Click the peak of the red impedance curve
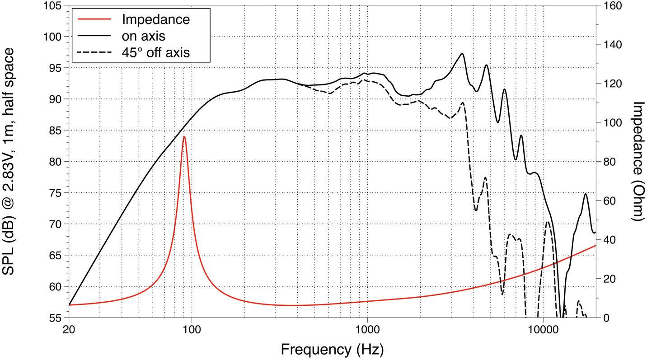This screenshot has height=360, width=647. pyautogui.click(x=184, y=137)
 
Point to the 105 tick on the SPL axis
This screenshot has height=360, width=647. pyautogui.click(x=53, y=6)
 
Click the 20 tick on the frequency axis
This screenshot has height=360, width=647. pyautogui.click(x=69, y=329)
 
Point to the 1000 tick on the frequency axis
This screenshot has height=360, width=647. pyautogui.click(x=367, y=329)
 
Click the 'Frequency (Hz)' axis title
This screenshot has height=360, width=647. pyautogui.click(x=332, y=349)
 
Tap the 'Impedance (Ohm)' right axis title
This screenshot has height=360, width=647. pyautogui.click(x=638, y=161)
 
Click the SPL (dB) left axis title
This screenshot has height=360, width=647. pyautogui.click(x=10, y=161)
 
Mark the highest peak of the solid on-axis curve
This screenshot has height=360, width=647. pyautogui.click(x=462, y=54)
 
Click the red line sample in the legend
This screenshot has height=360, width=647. pyautogui.click(x=94, y=19)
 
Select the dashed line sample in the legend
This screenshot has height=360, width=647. pyautogui.click(x=94, y=52)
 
